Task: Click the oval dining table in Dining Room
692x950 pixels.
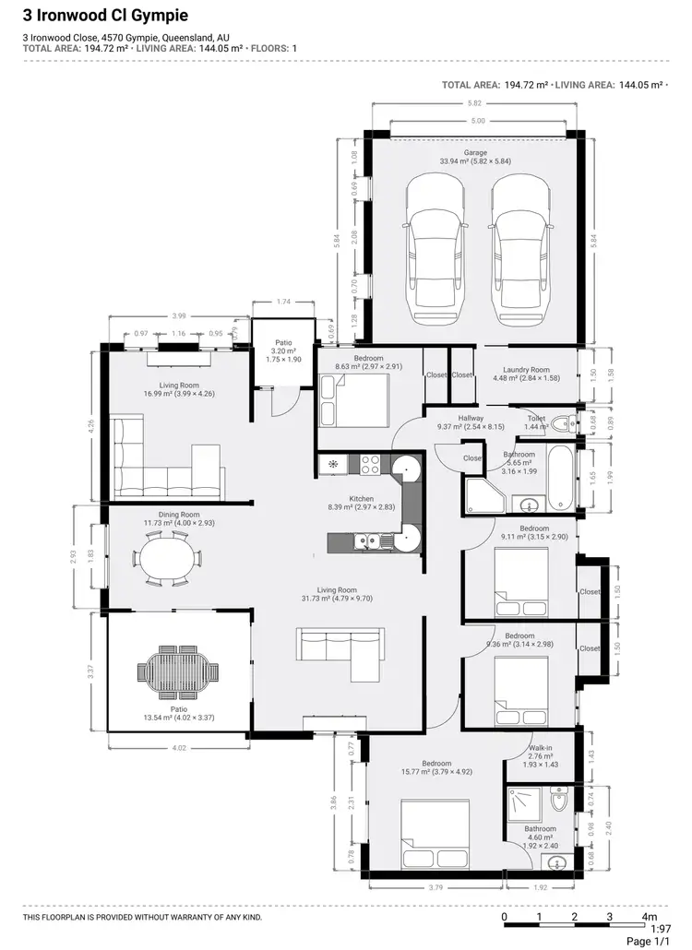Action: point(169,558)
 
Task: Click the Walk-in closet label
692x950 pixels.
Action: point(541,748)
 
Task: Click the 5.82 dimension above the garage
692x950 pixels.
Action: point(473,102)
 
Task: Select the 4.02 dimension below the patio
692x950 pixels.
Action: point(178,748)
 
